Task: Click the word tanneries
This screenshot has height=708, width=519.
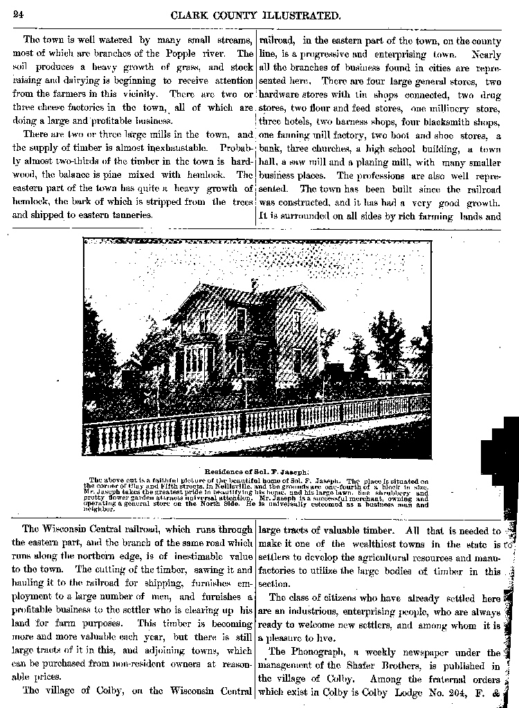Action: pyautogui.click(x=131, y=215)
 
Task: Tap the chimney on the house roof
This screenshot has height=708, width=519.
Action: pyautogui.click(x=255, y=284)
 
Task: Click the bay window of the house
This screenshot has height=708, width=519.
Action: pyautogui.click(x=196, y=361)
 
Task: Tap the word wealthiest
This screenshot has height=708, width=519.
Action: pyautogui.click(x=344, y=545)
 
